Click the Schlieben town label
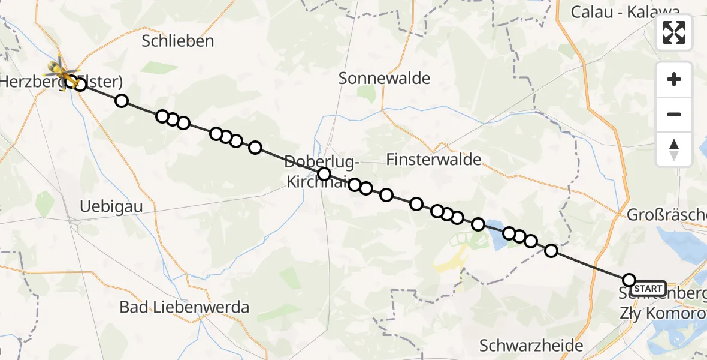tap(178, 41)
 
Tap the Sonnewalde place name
tap(385, 78)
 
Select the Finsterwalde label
tap(434, 159)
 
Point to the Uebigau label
tap(111, 207)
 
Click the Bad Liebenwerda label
tap(184, 308)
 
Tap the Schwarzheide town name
tap(531, 345)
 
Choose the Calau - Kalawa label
tap(625, 11)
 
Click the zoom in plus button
tap(674, 79)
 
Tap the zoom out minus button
tap(674, 114)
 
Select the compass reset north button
tap(674, 149)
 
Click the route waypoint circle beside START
tap(629, 280)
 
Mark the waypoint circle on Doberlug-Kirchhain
tap(324, 174)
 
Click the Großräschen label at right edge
tap(666, 214)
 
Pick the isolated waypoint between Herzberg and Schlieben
tap(122, 100)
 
